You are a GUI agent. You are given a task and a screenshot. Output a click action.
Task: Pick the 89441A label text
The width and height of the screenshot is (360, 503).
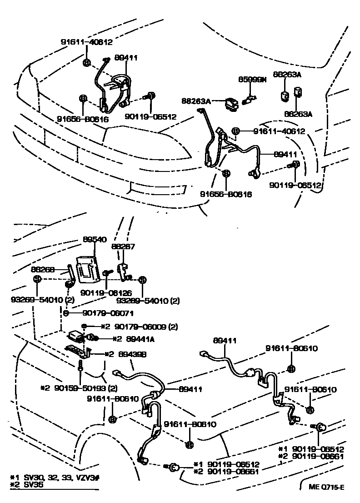point(128,339)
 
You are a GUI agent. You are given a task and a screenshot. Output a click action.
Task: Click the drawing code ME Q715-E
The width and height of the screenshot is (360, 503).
point(326,487)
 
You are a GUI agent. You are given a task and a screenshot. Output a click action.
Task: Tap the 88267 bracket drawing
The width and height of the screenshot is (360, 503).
point(121,271)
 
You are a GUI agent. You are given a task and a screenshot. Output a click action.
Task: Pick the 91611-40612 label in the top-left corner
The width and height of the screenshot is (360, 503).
point(86,42)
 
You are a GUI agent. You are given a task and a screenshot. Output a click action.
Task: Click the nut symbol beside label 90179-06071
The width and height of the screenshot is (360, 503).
point(66,313)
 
